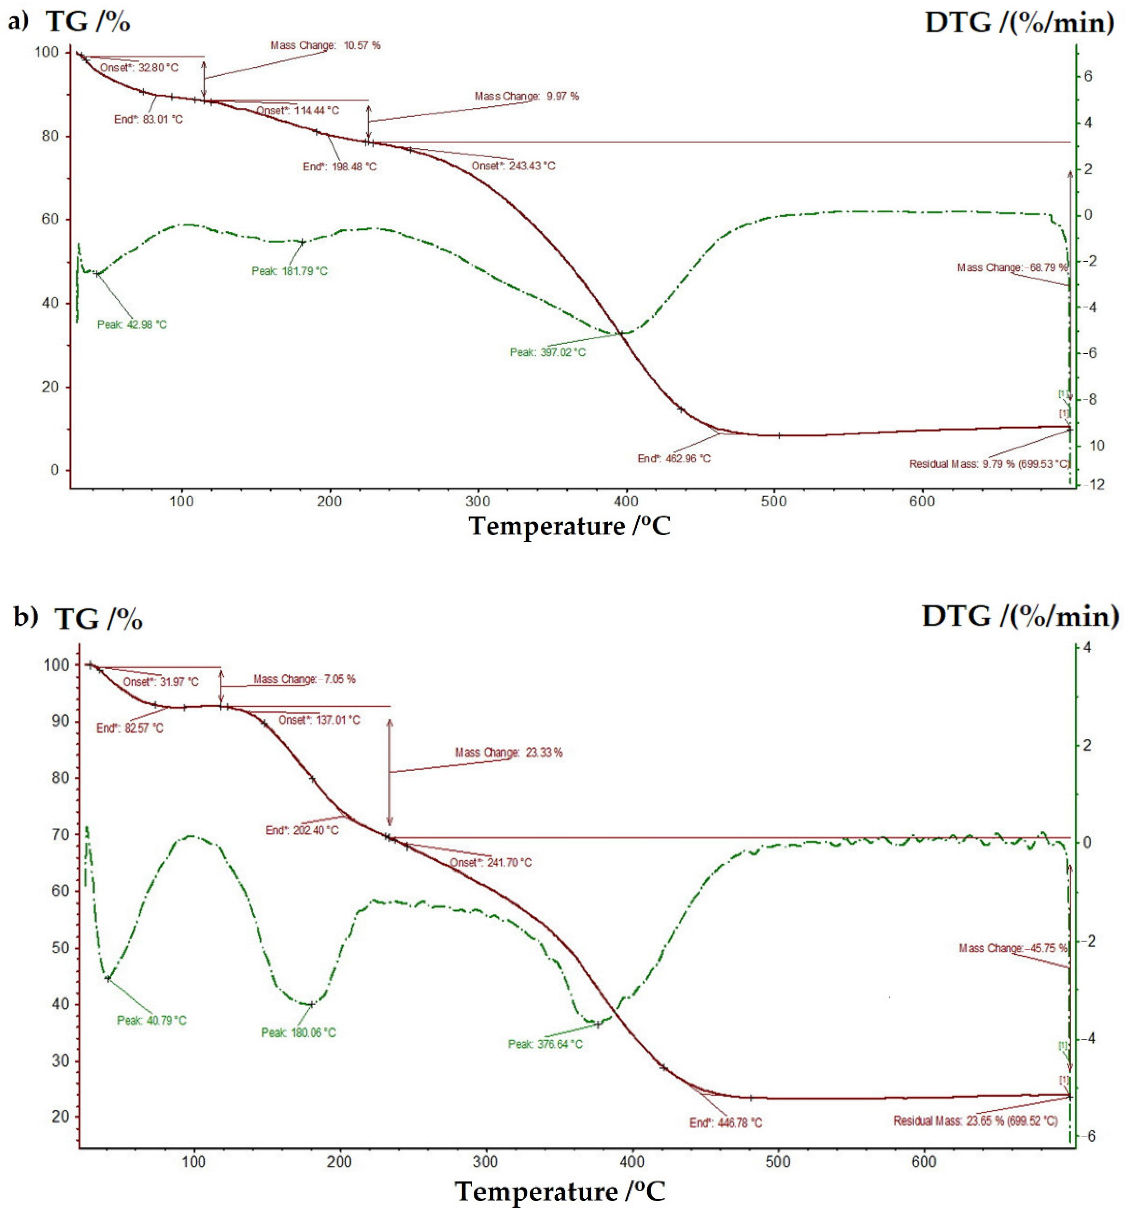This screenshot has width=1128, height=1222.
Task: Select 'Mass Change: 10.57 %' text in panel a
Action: pos(325,45)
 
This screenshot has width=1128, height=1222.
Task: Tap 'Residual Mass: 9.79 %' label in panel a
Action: pos(989,464)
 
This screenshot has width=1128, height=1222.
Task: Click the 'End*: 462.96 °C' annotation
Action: pos(674,458)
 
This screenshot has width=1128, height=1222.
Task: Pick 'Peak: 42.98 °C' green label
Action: pos(132,325)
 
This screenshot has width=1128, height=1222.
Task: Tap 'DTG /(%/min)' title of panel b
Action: pos(1020,616)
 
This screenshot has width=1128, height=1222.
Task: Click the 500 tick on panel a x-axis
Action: pos(774,501)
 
